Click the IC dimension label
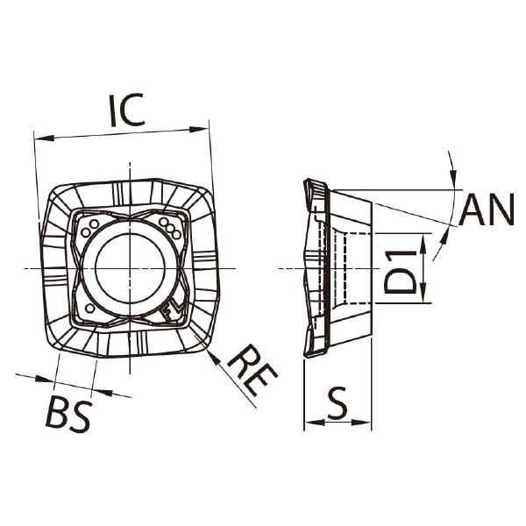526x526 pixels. [127, 110]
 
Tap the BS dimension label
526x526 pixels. [68, 414]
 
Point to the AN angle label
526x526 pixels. [487, 210]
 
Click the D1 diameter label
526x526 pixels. [401, 273]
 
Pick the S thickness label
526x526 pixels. [338, 403]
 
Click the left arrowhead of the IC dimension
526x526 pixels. [45, 138]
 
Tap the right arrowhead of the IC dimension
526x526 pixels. [199, 130]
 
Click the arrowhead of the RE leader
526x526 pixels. [214, 357]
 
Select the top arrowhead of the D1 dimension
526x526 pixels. [423, 243]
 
